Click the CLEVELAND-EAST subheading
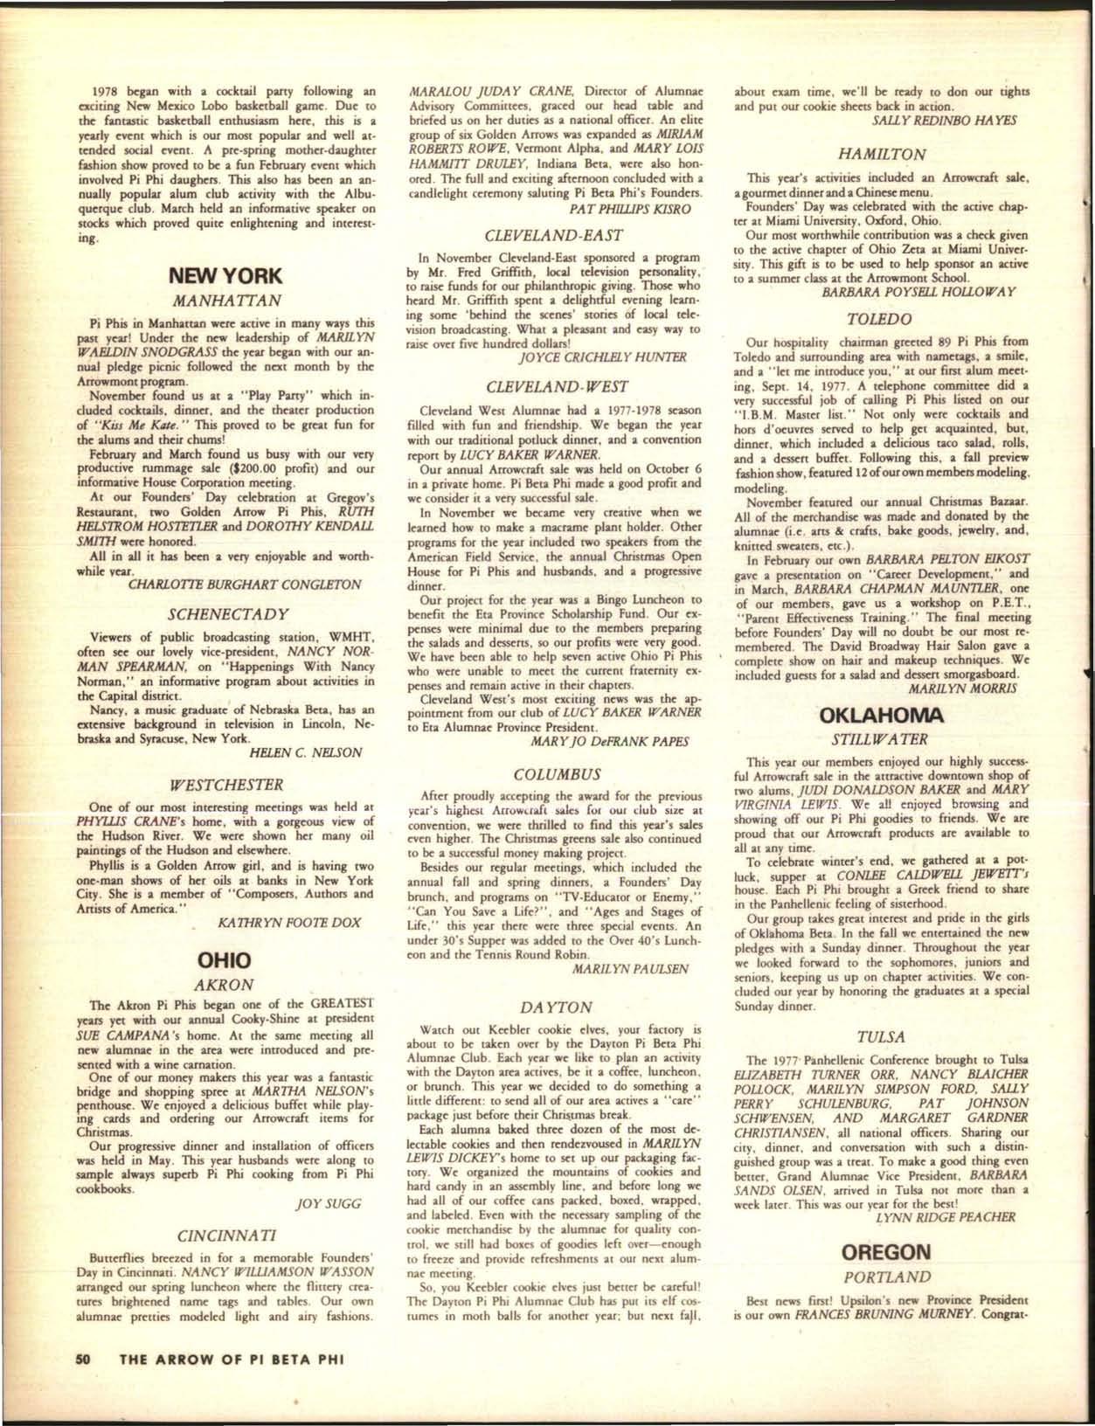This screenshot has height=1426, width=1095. point(559,234)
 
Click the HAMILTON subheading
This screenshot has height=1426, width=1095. point(882,154)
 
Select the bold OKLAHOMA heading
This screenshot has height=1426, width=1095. point(882,716)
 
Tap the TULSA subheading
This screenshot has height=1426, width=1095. point(882,1037)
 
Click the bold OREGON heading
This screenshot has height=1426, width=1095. point(882,1252)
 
